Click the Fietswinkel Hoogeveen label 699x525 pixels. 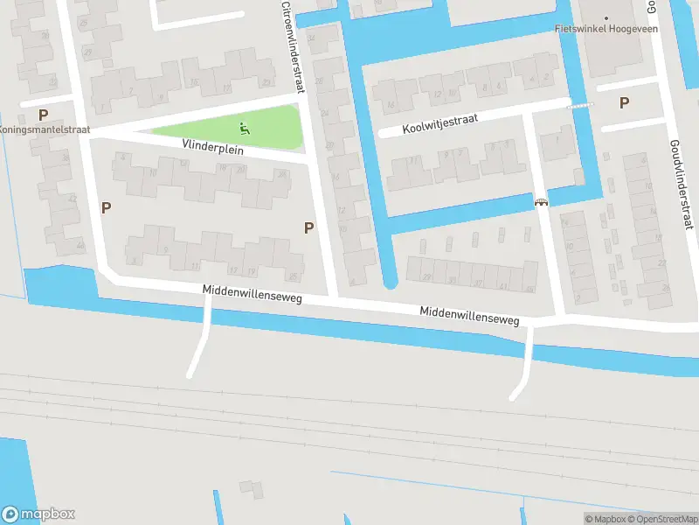point(606,28)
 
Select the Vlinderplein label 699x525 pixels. point(212,146)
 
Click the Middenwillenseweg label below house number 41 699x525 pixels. point(469,316)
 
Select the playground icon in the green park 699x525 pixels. point(245,129)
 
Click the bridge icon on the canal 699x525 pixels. point(541,202)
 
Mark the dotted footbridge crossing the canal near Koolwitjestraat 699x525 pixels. point(579,105)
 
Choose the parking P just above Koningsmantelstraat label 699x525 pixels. point(43,114)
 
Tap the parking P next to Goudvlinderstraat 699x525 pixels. point(624,102)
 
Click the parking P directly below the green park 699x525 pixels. point(308,227)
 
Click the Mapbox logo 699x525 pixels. point(38,514)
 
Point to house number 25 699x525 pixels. point(293,276)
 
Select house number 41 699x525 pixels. point(502,286)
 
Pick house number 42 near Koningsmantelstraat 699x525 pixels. point(72,199)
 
